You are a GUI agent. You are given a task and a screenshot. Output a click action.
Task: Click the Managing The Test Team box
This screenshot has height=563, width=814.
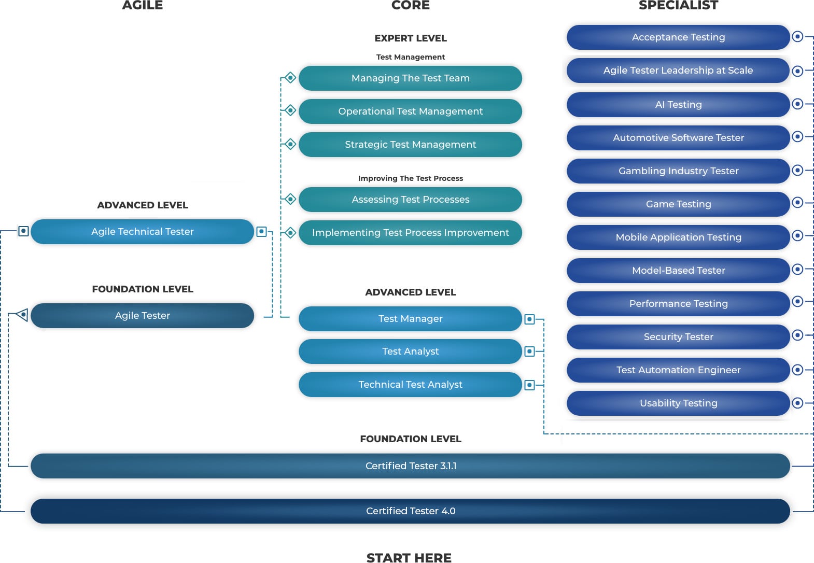pos(410,78)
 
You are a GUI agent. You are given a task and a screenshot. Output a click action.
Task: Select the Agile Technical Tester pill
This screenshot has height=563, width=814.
pos(142,232)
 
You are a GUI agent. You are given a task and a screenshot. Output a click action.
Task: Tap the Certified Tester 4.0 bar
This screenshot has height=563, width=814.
pos(410,511)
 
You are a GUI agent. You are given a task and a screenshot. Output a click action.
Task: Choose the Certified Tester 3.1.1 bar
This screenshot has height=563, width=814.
pos(410,466)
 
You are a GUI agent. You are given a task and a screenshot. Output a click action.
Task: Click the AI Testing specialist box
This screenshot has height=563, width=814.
pos(678,105)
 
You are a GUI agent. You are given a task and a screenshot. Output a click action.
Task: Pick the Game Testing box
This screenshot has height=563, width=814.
pos(678,204)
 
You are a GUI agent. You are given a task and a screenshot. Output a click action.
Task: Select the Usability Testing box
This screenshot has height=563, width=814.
pos(678,403)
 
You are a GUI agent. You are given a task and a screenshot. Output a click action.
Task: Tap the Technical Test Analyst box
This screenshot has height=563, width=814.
pos(410,385)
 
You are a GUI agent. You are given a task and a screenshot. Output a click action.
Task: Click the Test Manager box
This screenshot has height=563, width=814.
pos(410,319)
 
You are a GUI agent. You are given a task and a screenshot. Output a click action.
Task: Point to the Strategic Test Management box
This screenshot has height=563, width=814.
pos(410,145)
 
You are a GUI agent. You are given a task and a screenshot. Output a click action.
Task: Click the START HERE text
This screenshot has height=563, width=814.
pos(409,558)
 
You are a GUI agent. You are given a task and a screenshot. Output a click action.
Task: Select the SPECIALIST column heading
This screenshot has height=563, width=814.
pos(678,6)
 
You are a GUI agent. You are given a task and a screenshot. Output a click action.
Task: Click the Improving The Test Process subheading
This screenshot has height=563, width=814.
pos(410,178)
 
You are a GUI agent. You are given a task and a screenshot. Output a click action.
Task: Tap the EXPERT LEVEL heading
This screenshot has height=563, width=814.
pos(410,38)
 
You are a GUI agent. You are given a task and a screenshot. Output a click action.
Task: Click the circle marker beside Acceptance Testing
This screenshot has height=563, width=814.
pos(798,37)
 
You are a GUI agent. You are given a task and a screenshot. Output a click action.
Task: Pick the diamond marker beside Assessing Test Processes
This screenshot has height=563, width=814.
pos(290,199)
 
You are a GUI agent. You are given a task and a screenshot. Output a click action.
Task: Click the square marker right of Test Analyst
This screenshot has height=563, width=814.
pos(529,351)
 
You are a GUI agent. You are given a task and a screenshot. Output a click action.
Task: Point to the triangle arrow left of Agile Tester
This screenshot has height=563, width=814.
pos(22,315)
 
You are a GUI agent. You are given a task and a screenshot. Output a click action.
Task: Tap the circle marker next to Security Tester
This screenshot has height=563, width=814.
pos(798,335)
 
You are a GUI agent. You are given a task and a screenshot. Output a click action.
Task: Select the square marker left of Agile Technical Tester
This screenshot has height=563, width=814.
pos(23,231)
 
